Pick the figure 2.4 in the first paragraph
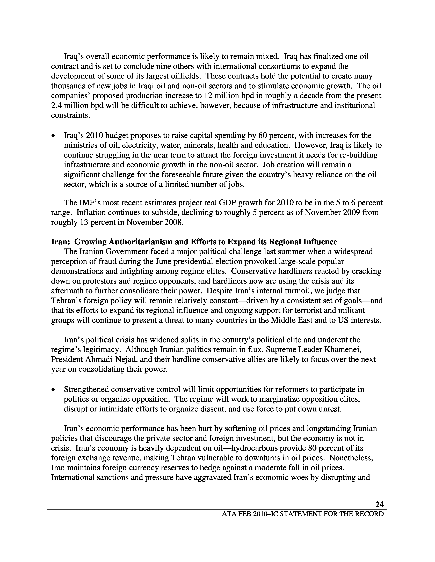(56, 106)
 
